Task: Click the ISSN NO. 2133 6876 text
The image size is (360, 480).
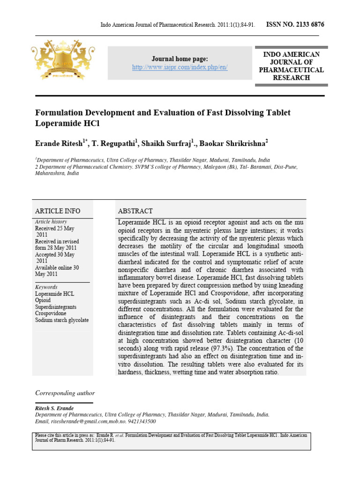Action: tap(295, 24)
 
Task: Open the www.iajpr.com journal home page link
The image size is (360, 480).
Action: tap(180, 67)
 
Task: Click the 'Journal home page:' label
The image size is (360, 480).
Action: tap(180, 59)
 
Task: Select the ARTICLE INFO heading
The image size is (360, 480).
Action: tap(58, 211)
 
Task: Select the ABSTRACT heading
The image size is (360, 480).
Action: tap(135, 211)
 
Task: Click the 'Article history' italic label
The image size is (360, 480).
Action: tap(51, 221)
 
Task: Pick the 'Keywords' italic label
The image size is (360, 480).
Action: tap(46, 287)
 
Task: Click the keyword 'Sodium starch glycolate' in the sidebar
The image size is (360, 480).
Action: tap(62, 320)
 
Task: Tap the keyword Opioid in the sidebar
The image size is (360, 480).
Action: tap(44, 300)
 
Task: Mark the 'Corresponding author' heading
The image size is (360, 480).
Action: tap(65, 393)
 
